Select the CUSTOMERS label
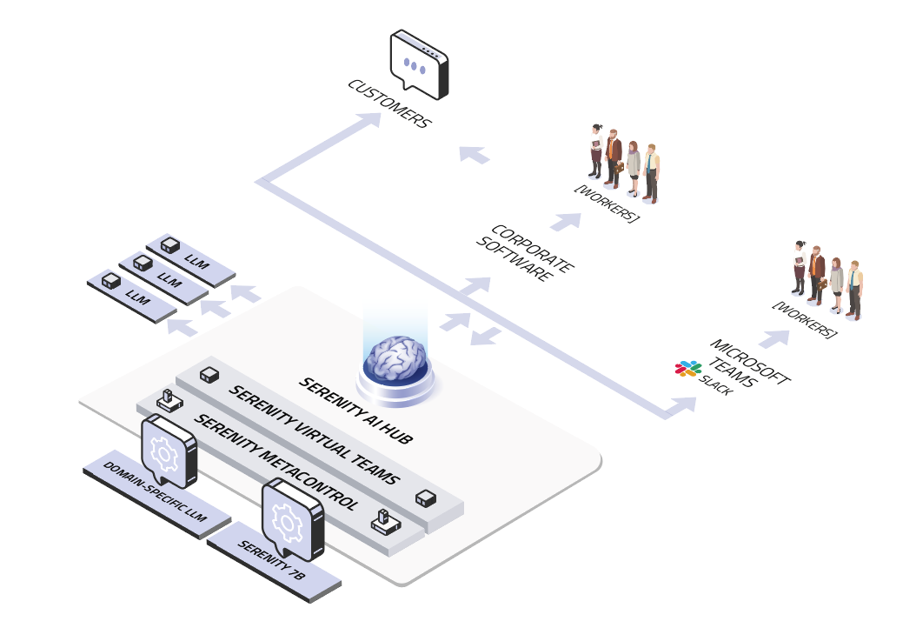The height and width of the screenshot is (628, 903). point(388,104)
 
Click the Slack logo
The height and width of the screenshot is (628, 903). point(688,368)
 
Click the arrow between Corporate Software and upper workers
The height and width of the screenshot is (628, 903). point(566,221)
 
